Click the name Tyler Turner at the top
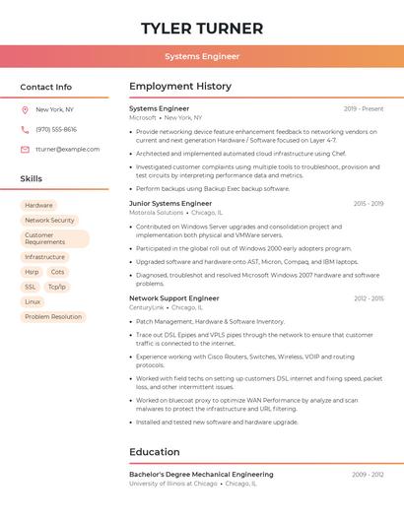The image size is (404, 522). (x=202, y=28)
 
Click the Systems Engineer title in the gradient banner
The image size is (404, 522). (x=202, y=56)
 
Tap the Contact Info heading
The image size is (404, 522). (x=46, y=87)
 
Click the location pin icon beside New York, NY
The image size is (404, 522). (x=25, y=110)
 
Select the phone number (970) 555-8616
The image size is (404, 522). (x=56, y=129)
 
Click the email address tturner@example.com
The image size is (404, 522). (x=67, y=149)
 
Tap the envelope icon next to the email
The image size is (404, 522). (x=25, y=149)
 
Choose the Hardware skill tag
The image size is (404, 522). (x=39, y=205)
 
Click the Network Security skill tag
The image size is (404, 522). (x=49, y=221)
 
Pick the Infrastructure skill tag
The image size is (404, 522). (x=45, y=257)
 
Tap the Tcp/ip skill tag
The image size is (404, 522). (x=57, y=287)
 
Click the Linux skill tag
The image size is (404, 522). (x=34, y=301)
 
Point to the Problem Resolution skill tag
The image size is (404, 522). (x=53, y=317)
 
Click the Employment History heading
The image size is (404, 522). (x=180, y=87)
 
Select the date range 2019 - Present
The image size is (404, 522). (x=364, y=108)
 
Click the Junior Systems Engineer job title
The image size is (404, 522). (x=170, y=203)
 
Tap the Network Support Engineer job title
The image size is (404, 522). (x=174, y=297)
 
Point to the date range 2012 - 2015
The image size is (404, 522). (x=369, y=297)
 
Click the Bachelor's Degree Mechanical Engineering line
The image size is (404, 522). (x=201, y=475)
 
